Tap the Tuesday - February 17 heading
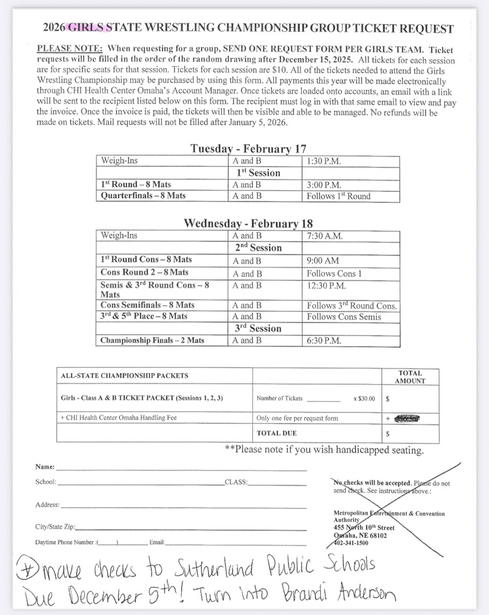[x=248, y=149]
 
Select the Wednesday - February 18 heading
[x=248, y=223]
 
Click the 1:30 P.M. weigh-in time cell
[x=323, y=160]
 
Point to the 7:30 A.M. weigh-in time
[x=325, y=235]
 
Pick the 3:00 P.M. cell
[x=323, y=185]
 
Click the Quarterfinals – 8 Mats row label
[x=143, y=196]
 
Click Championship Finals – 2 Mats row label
[x=152, y=340]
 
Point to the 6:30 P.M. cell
[x=325, y=340]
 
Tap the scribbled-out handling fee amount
[x=406, y=418]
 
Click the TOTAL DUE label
[x=276, y=432]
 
